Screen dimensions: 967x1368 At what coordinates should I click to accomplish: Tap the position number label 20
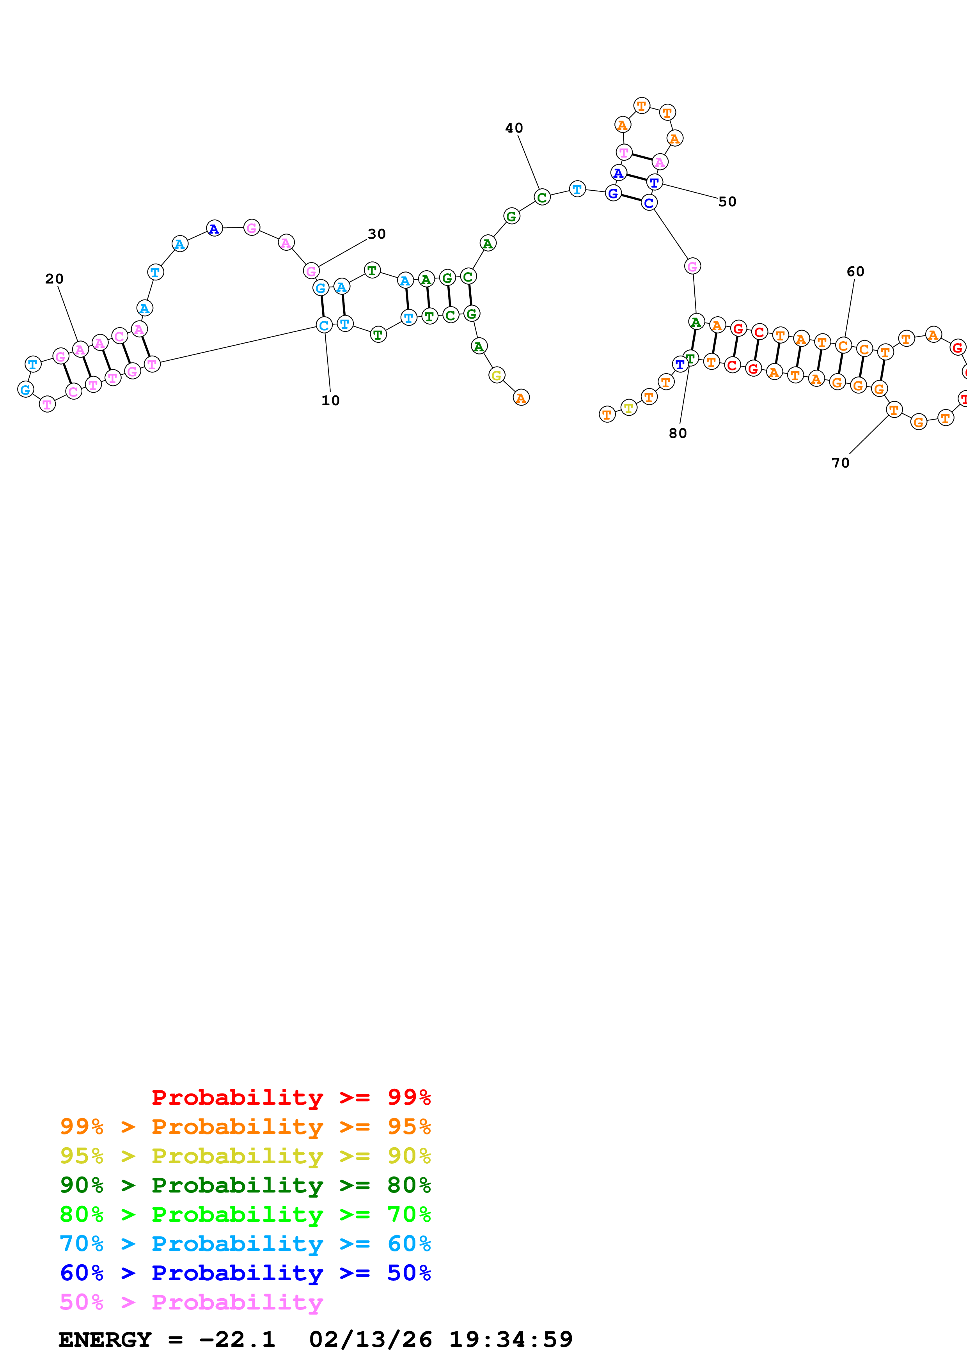point(54,279)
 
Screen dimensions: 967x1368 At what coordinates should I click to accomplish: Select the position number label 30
point(376,234)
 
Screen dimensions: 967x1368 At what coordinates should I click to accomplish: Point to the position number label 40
point(514,128)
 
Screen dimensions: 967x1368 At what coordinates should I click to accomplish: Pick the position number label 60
point(855,272)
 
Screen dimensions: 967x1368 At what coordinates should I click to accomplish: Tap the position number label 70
point(840,463)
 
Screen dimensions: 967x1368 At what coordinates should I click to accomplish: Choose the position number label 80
point(678,433)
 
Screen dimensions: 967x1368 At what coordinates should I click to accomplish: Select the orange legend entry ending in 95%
point(245,1126)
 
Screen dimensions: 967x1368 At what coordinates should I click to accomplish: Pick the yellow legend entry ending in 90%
point(245,1155)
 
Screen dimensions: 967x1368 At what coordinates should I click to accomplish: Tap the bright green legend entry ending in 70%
point(245,1214)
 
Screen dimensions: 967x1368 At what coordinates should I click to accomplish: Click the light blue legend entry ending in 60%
point(245,1243)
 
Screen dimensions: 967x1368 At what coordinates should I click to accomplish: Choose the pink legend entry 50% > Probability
point(191,1302)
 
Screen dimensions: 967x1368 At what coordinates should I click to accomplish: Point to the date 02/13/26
point(370,1340)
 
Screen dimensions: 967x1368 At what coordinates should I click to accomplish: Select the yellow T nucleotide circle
point(628,408)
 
